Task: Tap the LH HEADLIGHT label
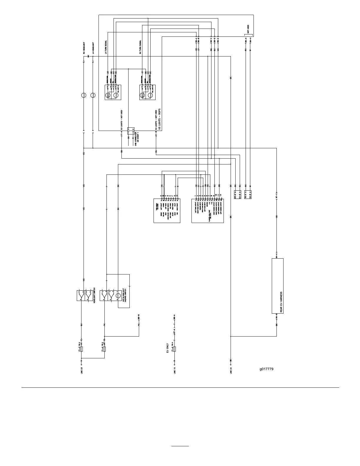click(x=93, y=48)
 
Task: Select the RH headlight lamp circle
click(x=84, y=95)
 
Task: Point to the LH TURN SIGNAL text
click(x=106, y=47)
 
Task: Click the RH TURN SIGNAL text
click(x=140, y=47)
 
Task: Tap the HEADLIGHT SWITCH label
click(x=94, y=296)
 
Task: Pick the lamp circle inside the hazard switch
click(x=118, y=296)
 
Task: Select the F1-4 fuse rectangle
click(x=104, y=349)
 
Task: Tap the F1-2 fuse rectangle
click(x=175, y=349)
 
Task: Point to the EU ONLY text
click(x=167, y=347)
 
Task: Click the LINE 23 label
click(x=81, y=370)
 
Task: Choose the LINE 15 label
click(x=175, y=370)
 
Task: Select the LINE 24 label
click(x=231, y=370)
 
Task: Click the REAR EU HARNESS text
click(x=281, y=302)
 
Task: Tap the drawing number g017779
click(x=266, y=369)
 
